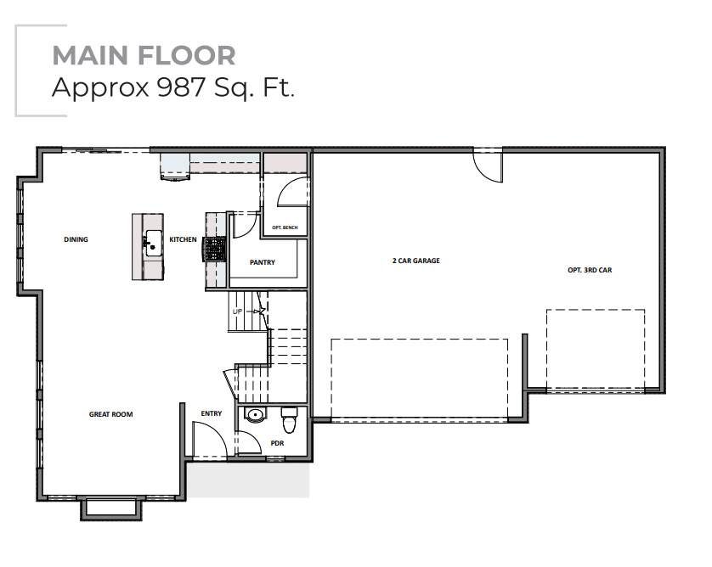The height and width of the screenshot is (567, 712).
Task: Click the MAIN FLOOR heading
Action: [x=144, y=55]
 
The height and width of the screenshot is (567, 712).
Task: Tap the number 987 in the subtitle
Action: [x=181, y=87]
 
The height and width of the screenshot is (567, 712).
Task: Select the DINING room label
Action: [x=76, y=239]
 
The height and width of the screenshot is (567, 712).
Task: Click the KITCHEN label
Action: [x=183, y=239]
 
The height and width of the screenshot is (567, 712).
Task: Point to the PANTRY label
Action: [x=263, y=262]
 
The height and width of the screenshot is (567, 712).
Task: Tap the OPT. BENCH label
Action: [x=285, y=227]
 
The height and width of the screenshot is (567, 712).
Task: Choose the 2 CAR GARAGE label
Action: [x=416, y=261]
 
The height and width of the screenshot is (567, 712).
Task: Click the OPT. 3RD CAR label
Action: [x=590, y=270]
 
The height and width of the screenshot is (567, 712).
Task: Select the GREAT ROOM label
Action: [x=110, y=414]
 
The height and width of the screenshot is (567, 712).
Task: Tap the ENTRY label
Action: [x=212, y=413]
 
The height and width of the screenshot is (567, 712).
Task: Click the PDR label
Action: [x=277, y=443]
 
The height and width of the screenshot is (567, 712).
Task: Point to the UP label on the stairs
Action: [x=238, y=312]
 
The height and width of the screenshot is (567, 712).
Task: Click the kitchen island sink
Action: [x=154, y=243]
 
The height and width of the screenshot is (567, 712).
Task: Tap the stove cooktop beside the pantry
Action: [x=214, y=249]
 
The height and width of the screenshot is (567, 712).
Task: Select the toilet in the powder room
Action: [x=289, y=420]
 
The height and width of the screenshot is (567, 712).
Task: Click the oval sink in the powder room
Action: [x=254, y=415]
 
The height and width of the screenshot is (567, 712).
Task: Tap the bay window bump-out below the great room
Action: [x=111, y=508]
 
